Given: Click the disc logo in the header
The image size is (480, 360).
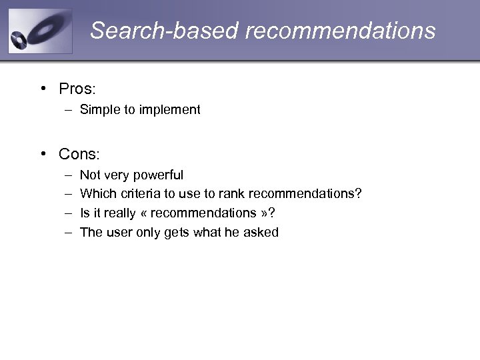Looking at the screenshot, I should [x=39, y=31].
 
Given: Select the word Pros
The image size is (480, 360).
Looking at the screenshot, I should [x=77, y=89].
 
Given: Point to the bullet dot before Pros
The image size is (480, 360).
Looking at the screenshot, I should [x=43, y=89].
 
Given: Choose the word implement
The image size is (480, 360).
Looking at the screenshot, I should [x=169, y=110].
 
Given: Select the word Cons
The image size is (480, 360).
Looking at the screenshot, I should [x=79, y=154].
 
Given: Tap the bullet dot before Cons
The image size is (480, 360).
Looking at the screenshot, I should [x=43, y=154].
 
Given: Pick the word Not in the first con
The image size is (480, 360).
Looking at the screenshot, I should [x=90, y=175].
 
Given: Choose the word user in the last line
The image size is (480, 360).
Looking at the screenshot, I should [x=121, y=233].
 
